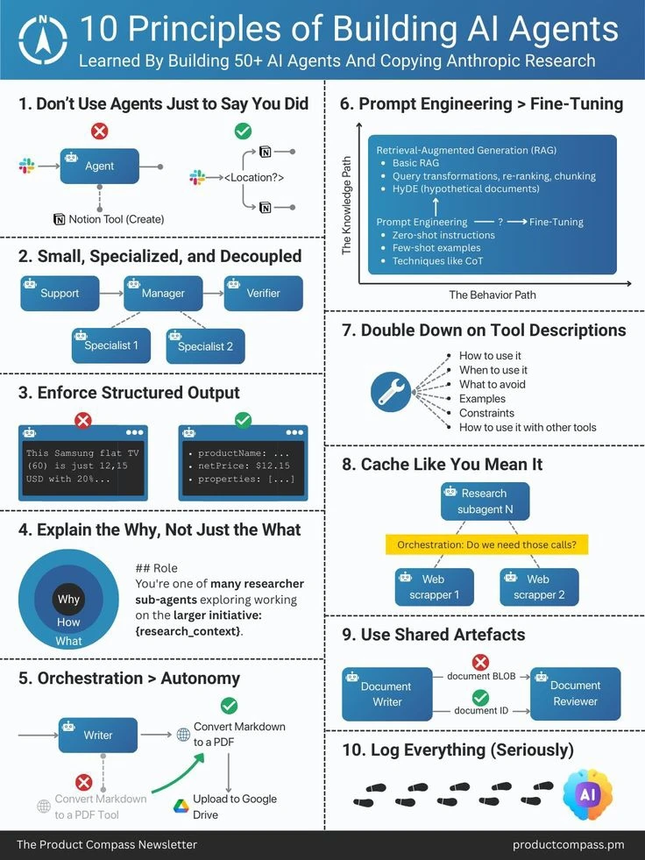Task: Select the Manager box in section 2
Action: point(164,294)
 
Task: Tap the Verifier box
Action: point(263,294)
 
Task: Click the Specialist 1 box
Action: point(111,345)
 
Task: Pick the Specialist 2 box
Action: point(205,346)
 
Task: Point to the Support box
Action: point(60,294)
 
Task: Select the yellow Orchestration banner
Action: point(486,544)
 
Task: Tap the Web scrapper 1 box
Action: point(434,587)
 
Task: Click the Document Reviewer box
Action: point(575,693)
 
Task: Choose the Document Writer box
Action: point(386,693)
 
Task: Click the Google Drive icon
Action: point(181,806)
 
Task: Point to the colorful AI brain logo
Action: point(586,794)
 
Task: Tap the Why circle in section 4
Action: point(68,600)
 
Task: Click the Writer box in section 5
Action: point(98,736)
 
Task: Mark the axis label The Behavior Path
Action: point(492,295)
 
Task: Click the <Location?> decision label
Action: point(254,178)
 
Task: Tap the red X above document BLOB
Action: point(480,662)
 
